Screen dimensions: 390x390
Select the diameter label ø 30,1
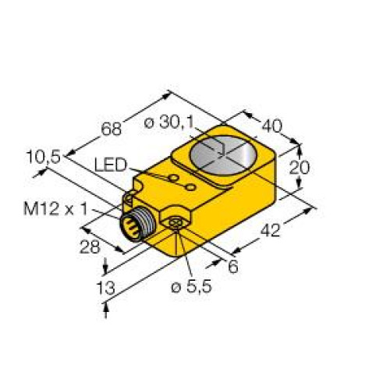tap(173, 122)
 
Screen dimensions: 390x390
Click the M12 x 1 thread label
tap(57, 207)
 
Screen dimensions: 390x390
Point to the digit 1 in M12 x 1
tap(89, 207)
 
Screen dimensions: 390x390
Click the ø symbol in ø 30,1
tap(150, 122)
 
